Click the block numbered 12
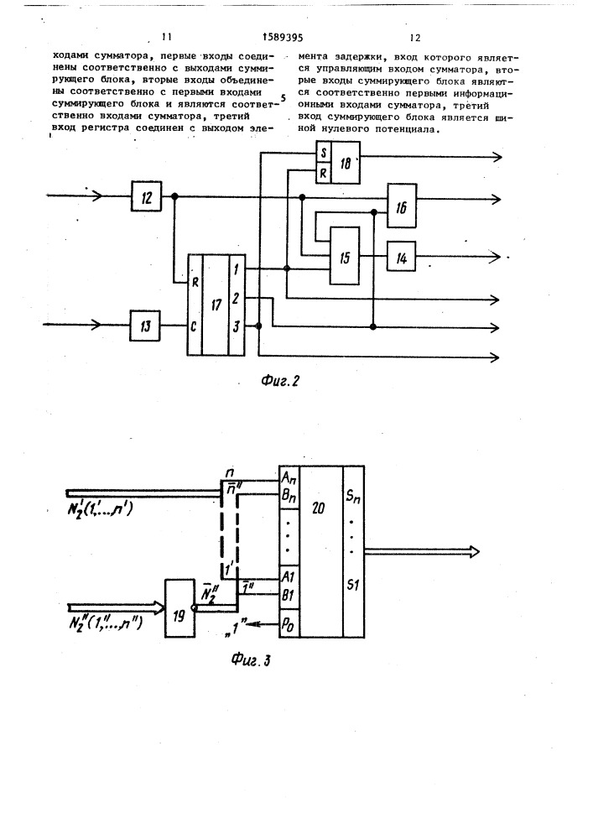147,197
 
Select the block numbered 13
145,326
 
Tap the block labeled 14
401,258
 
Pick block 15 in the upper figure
345,256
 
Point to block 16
402,206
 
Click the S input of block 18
324,154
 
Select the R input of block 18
324,174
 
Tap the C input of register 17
194,326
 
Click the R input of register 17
195,283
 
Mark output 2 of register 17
236,300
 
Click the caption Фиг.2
279,381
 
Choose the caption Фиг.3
250,659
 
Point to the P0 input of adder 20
289,625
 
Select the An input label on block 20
289,478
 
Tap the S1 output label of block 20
352,585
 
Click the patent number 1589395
283,37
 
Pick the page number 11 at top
166,37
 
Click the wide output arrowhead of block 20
473,552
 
